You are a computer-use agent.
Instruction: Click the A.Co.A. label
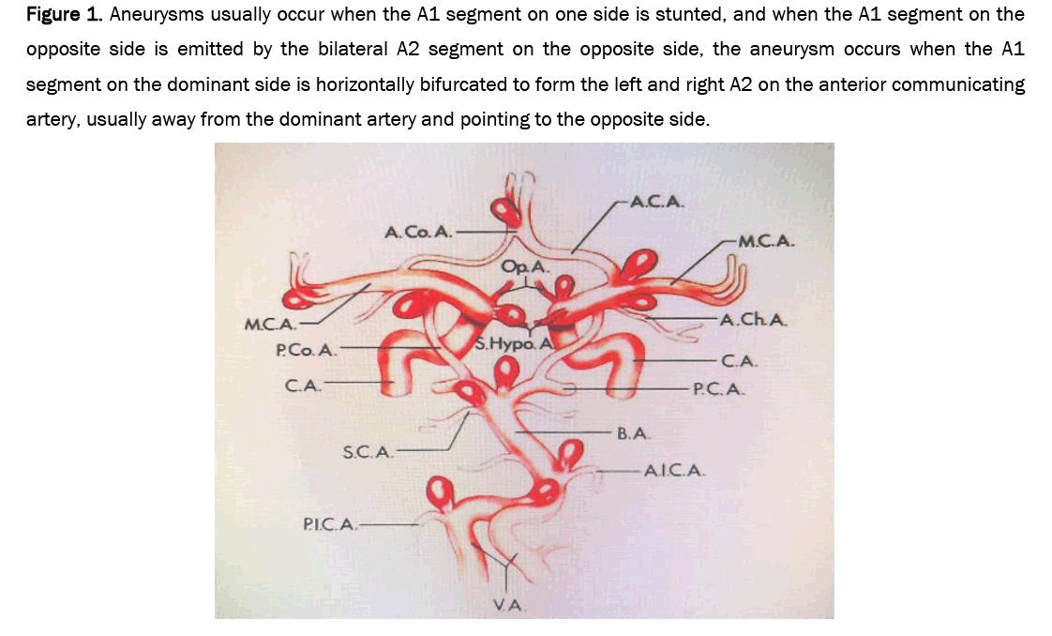419,232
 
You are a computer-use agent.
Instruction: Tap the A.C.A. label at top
657,202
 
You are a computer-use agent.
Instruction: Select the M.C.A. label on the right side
766,241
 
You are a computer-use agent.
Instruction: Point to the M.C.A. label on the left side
271,325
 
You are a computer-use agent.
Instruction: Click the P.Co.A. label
307,350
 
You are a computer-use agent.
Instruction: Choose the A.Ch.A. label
754,320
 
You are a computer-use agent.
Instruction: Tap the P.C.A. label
718,389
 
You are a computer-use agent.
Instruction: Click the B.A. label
633,433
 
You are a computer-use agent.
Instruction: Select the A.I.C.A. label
674,471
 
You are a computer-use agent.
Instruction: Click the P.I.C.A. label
330,524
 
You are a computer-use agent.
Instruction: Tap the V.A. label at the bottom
509,605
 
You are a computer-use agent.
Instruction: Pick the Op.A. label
525,266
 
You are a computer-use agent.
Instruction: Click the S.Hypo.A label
514,344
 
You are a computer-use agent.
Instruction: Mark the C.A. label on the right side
740,361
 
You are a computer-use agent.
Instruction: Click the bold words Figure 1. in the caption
65,15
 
